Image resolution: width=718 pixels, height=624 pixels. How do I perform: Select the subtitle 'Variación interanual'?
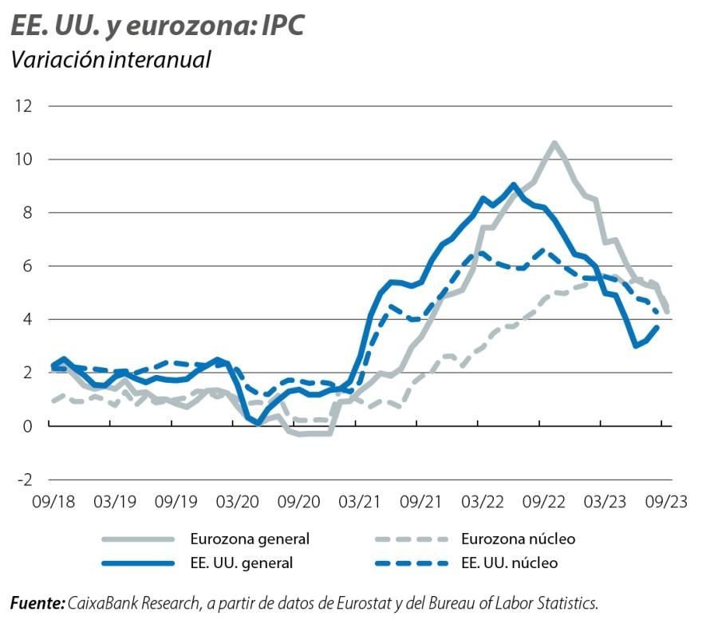click(x=111, y=59)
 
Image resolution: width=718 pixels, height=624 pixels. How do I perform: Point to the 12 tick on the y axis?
click(x=22, y=106)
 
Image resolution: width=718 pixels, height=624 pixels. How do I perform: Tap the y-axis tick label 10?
click(x=22, y=160)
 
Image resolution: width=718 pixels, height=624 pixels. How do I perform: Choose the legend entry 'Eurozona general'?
click(x=249, y=539)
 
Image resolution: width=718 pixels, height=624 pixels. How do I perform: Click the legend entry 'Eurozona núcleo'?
click(x=519, y=539)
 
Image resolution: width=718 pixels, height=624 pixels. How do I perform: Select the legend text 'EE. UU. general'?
click(x=241, y=563)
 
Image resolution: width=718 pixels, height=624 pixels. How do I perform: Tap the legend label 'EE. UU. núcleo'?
click(x=510, y=563)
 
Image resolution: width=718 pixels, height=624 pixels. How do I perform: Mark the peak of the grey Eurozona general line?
click(x=554, y=144)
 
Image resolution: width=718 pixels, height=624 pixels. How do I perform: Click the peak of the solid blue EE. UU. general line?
click(x=515, y=185)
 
